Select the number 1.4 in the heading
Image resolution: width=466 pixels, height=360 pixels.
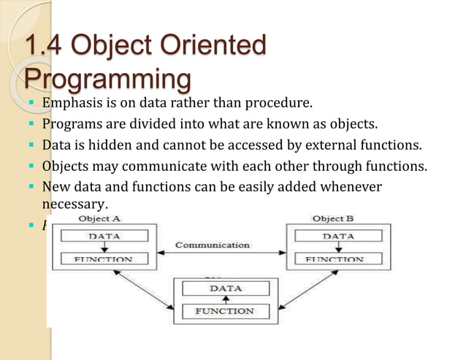[x=46, y=46]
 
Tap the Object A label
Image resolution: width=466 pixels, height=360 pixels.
[x=99, y=218]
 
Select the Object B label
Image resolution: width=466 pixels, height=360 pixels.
[x=333, y=218]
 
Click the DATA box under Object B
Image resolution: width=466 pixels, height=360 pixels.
[x=337, y=236]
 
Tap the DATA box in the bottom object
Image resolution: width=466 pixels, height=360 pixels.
[x=225, y=288]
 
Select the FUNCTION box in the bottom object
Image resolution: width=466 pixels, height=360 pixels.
[x=225, y=312]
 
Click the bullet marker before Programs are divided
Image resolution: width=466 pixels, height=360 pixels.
[x=33, y=123]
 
